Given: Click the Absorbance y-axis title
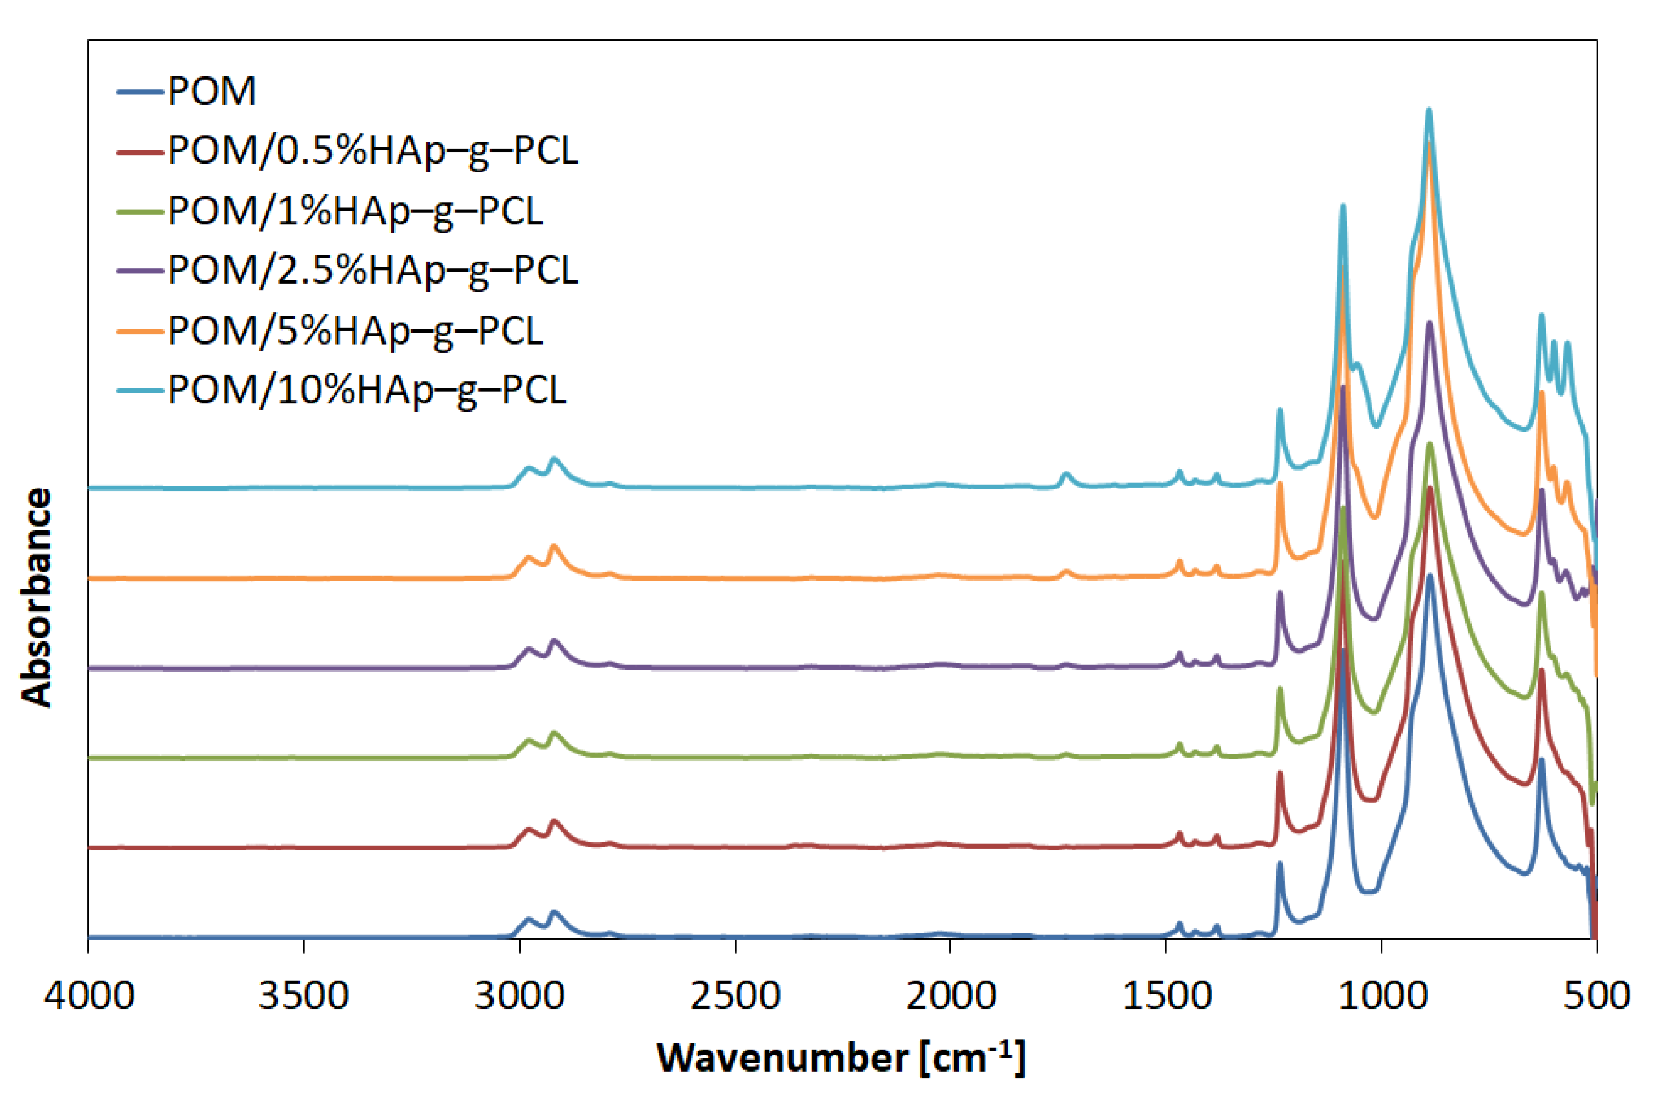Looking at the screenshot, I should point(37,597).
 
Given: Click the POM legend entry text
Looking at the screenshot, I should point(211,92).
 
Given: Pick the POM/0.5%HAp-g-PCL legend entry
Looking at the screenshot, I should point(372,151).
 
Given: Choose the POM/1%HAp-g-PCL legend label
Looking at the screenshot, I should point(355,211).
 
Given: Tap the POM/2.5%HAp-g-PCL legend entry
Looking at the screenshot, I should point(372,271).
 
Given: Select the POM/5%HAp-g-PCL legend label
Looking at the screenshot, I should point(355,331).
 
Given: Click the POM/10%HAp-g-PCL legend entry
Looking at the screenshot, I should point(366,391).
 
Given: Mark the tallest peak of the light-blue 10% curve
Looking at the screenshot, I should point(1429,110).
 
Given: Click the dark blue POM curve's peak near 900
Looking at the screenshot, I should point(1430,577).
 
